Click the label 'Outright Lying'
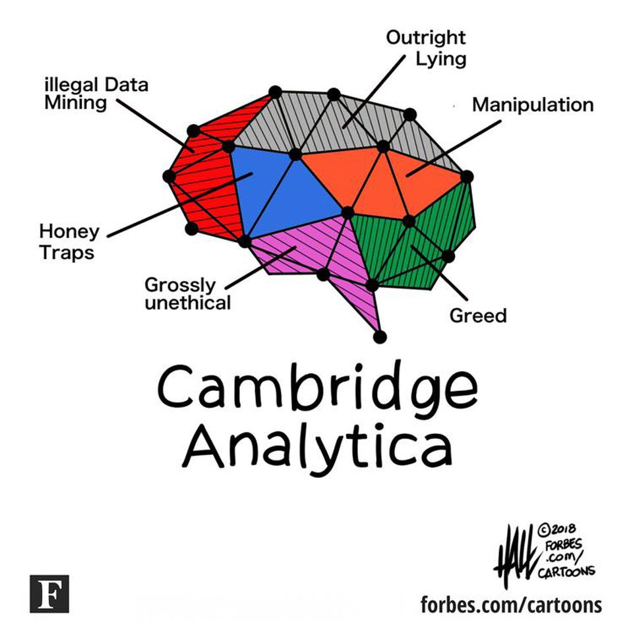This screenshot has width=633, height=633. click(426, 47)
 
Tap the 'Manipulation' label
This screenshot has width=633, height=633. click(532, 105)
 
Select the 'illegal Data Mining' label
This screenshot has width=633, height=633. click(96, 94)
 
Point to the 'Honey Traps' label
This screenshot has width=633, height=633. click(69, 241)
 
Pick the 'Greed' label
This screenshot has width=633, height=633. click(478, 316)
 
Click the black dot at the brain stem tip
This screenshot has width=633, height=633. click(379, 337)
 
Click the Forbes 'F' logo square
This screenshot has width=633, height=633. click(49, 593)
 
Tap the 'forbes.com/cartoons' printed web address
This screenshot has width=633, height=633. click(511, 604)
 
